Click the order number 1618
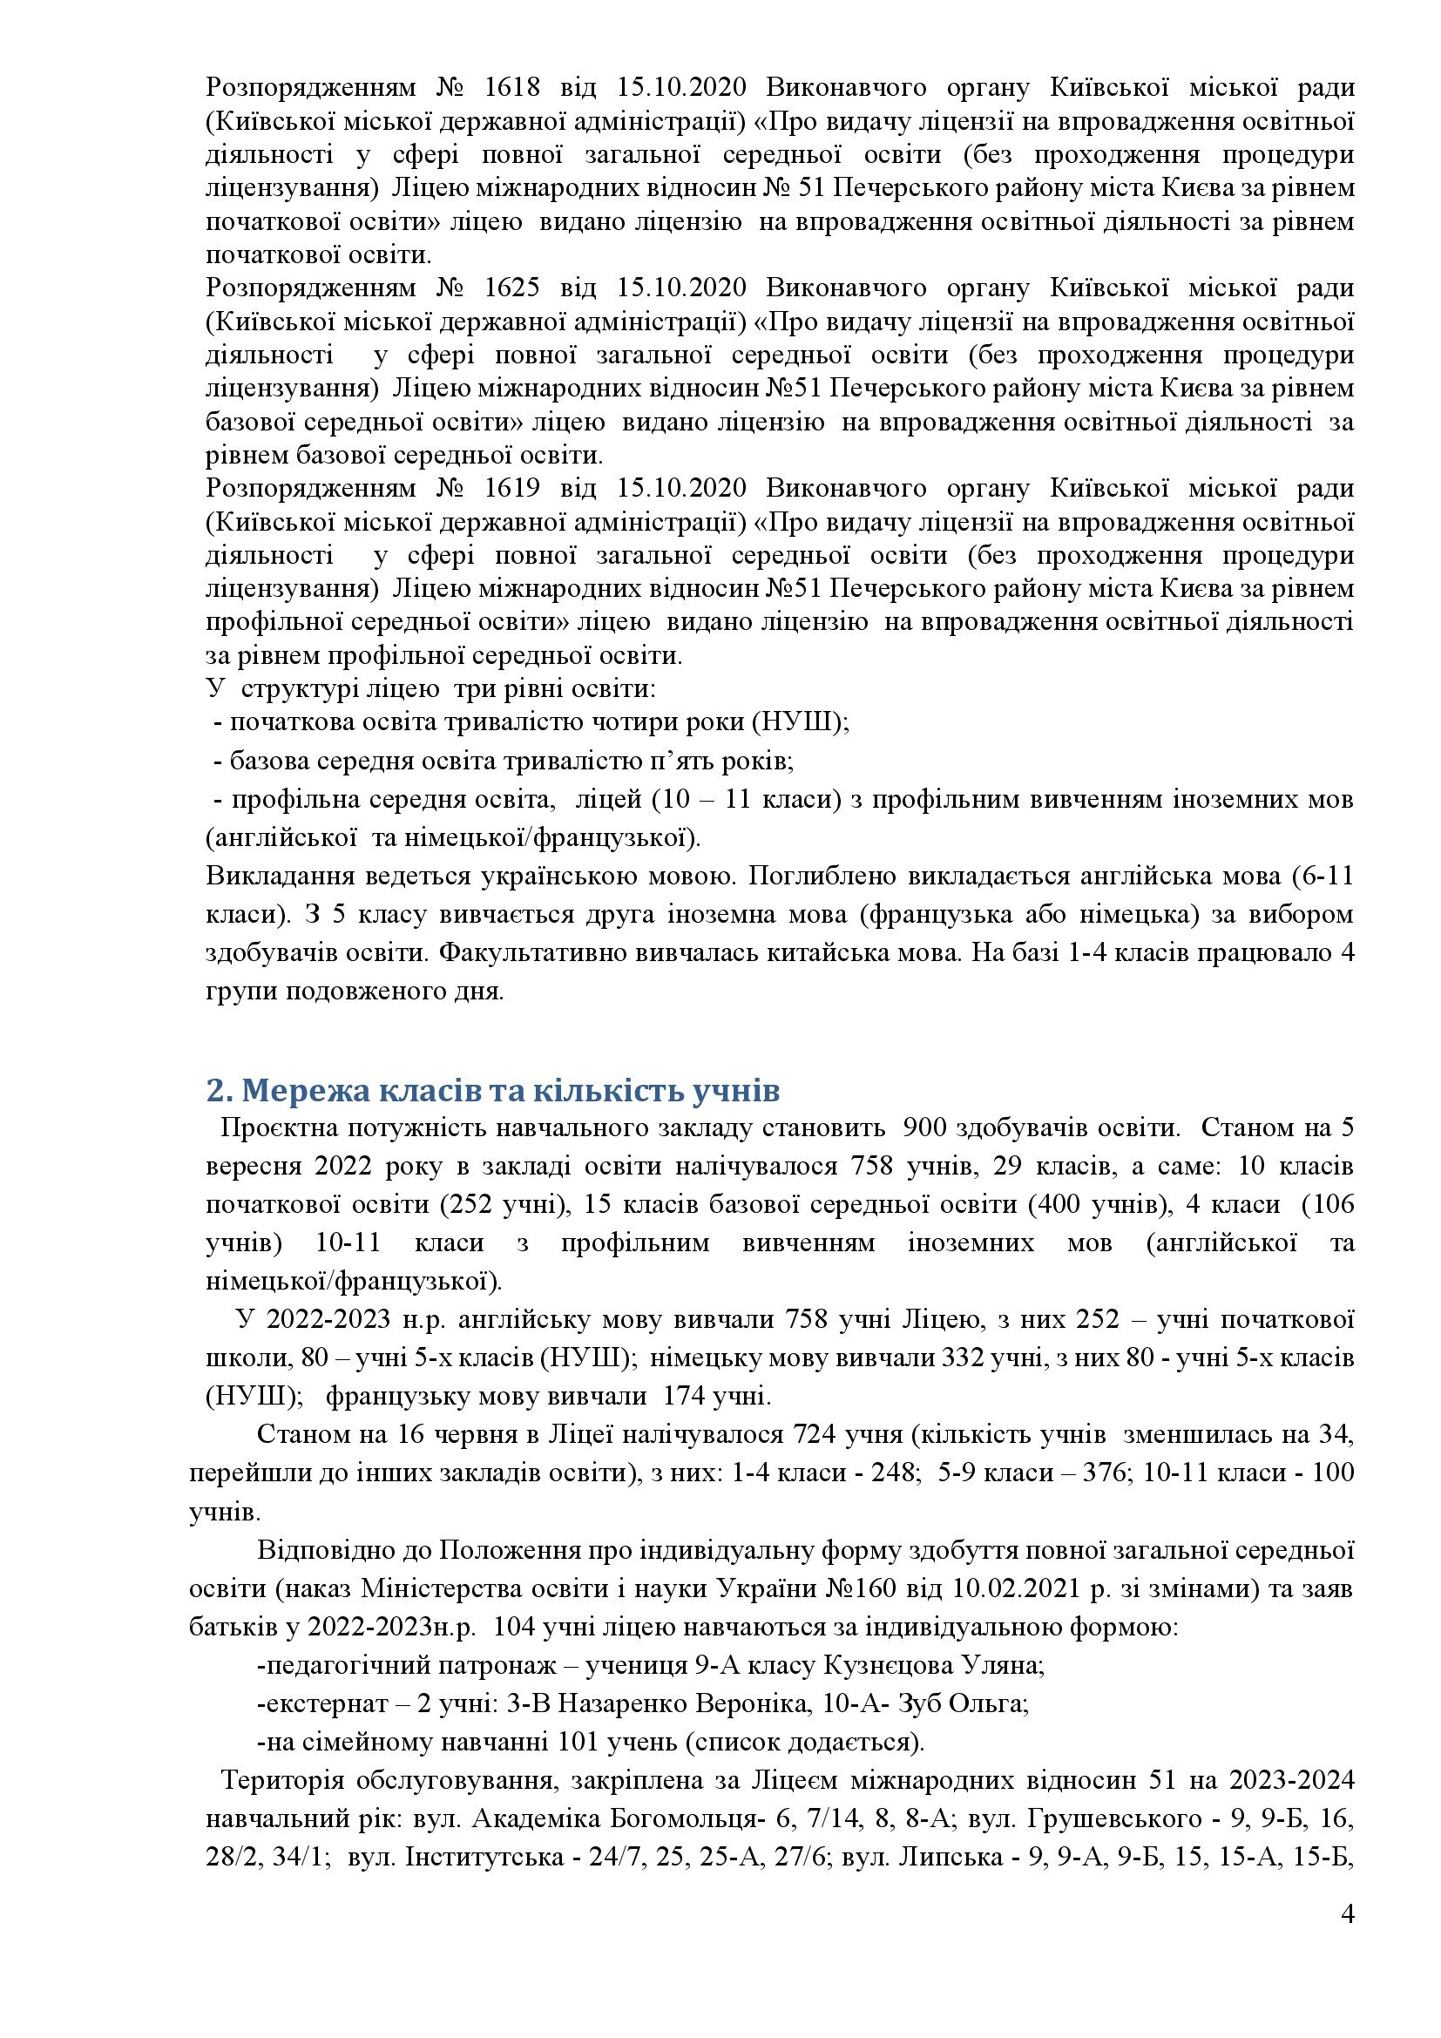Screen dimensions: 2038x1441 coord(513,88)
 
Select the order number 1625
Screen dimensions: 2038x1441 coord(513,288)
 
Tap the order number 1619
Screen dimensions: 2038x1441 coord(513,489)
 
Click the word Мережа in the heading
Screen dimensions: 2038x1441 coord(294,1089)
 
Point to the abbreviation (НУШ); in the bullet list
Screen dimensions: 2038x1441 coord(800,721)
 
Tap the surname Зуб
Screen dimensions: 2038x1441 coord(923,1704)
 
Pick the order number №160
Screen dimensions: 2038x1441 coord(859,1587)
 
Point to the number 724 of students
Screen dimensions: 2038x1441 coord(815,1434)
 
